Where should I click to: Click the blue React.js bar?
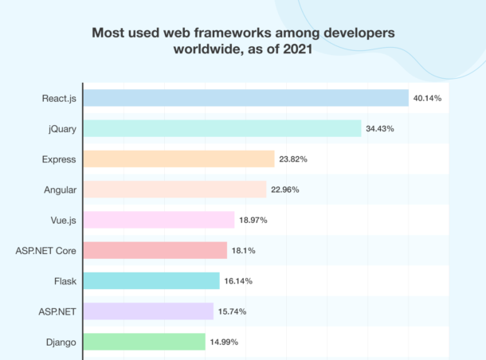[x=245, y=98]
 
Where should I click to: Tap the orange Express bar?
[x=178, y=158]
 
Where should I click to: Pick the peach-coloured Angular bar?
[x=174, y=189]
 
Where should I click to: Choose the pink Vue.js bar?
[x=159, y=220]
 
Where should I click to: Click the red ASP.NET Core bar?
[x=155, y=250]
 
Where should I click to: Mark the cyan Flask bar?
[x=151, y=280]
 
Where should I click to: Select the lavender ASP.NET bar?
[x=148, y=311]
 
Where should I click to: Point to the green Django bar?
[x=144, y=342]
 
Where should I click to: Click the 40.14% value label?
[x=427, y=98]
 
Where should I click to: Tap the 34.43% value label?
[x=380, y=128]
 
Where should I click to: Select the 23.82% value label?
[x=293, y=158]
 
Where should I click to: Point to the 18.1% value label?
[x=243, y=250]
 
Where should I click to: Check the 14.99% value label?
[x=224, y=342]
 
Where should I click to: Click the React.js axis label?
[x=59, y=98]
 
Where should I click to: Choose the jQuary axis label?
[x=61, y=128]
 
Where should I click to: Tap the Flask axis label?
[x=65, y=280]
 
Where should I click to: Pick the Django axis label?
[x=61, y=342]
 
